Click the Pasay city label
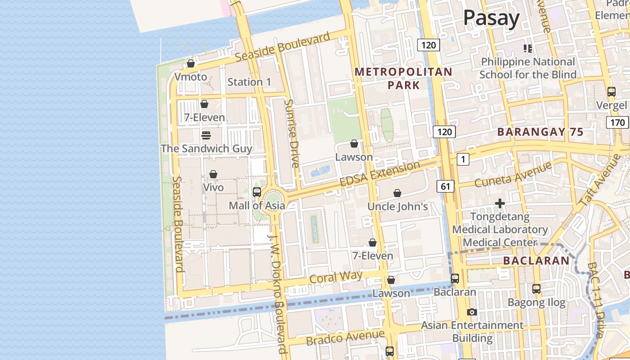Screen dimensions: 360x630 point(491,18)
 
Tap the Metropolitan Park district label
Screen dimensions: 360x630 point(403,78)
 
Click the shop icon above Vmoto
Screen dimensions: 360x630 point(191,64)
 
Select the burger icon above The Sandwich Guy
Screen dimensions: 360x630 point(206,135)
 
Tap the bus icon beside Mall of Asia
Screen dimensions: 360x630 point(257,192)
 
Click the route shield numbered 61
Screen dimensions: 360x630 point(445,186)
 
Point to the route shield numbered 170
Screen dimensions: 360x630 point(617,122)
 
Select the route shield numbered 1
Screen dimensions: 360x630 point(463,159)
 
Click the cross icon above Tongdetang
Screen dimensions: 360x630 point(499,204)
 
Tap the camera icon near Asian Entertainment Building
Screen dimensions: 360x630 point(472,312)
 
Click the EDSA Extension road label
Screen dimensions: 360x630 point(380,174)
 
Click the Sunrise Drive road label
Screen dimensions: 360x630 point(292,134)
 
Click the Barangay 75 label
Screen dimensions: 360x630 point(540,132)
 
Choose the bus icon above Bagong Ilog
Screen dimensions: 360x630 point(536,289)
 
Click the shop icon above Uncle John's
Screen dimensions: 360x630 point(397,193)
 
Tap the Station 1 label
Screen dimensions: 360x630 point(249,82)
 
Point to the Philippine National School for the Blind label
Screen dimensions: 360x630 point(528,68)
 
